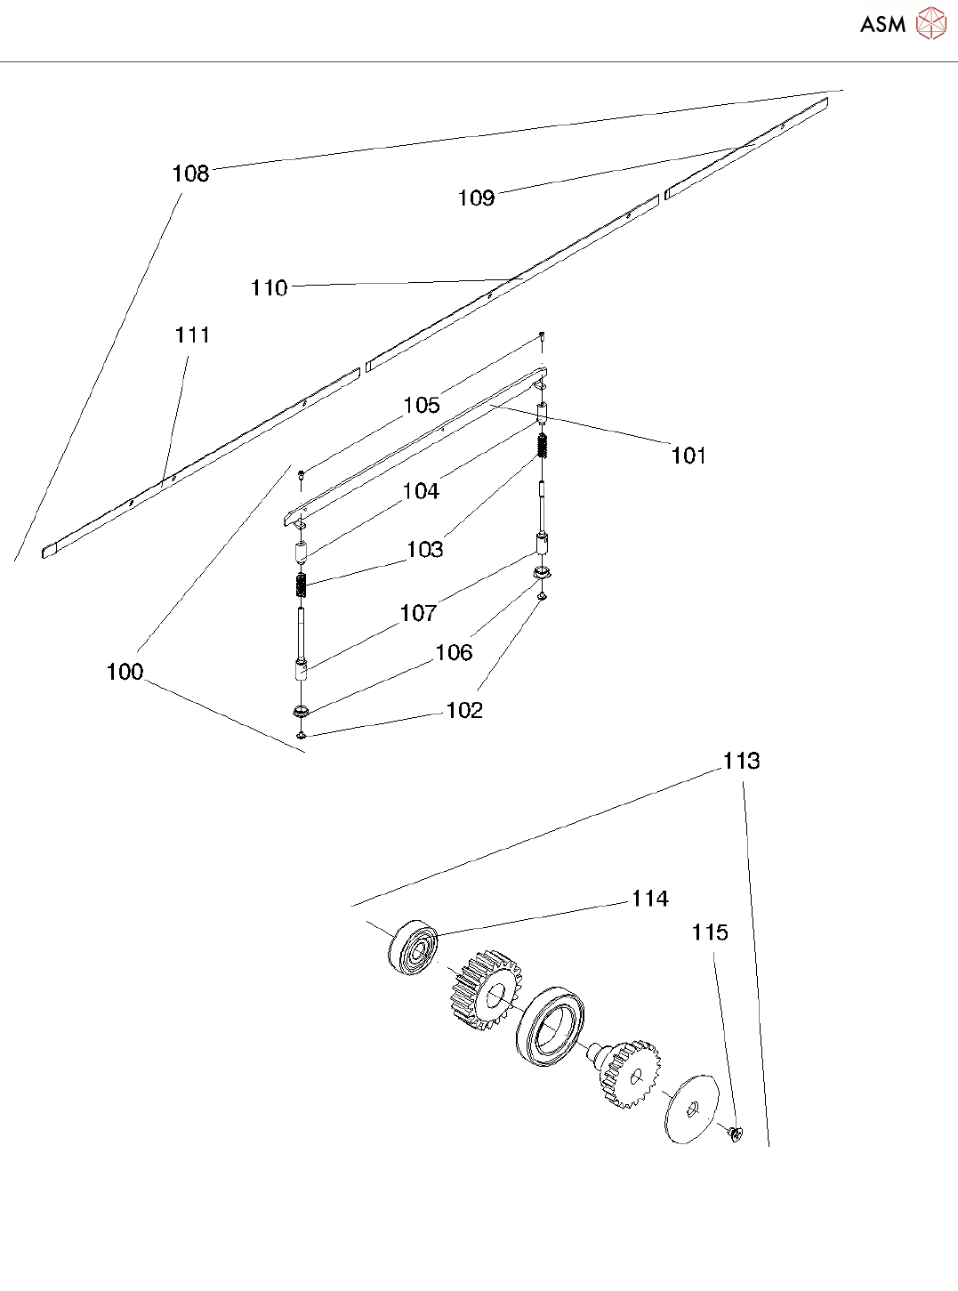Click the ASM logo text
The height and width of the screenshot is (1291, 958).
pyautogui.click(x=882, y=24)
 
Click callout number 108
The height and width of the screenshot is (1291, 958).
pyautogui.click(x=190, y=173)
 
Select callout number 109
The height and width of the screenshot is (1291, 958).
pyautogui.click(x=476, y=198)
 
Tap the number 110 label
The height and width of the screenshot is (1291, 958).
pyautogui.click(x=269, y=288)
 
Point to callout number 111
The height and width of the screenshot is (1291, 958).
pyautogui.click(x=192, y=335)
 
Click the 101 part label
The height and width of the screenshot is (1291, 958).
pyautogui.click(x=688, y=456)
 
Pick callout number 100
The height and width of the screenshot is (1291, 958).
pyautogui.click(x=125, y=672)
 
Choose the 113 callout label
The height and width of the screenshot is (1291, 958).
pyautogui.click(x=741, y=761)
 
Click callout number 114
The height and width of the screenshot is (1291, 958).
pyautogui.click(x=649, y=899)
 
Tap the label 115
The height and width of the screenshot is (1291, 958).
pyautogui.click(x=709, y=932)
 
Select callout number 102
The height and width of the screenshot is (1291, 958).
pyautogui.click(x=463, y=710)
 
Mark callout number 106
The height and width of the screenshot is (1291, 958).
pyautogui.click(x=454, y=653)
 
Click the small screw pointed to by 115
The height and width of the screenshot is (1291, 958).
pyautogui.click(x=736, y=1133)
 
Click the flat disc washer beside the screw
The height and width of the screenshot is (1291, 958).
pyautogui.click(x=691, y=1109)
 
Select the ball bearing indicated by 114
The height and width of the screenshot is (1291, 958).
pyautogui.click(x=414, y=946)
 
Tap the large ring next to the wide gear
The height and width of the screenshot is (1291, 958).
pyautogui.click(x=549, y=1024)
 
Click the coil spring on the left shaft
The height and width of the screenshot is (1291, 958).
pyautogui.click(x=301, y=585)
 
